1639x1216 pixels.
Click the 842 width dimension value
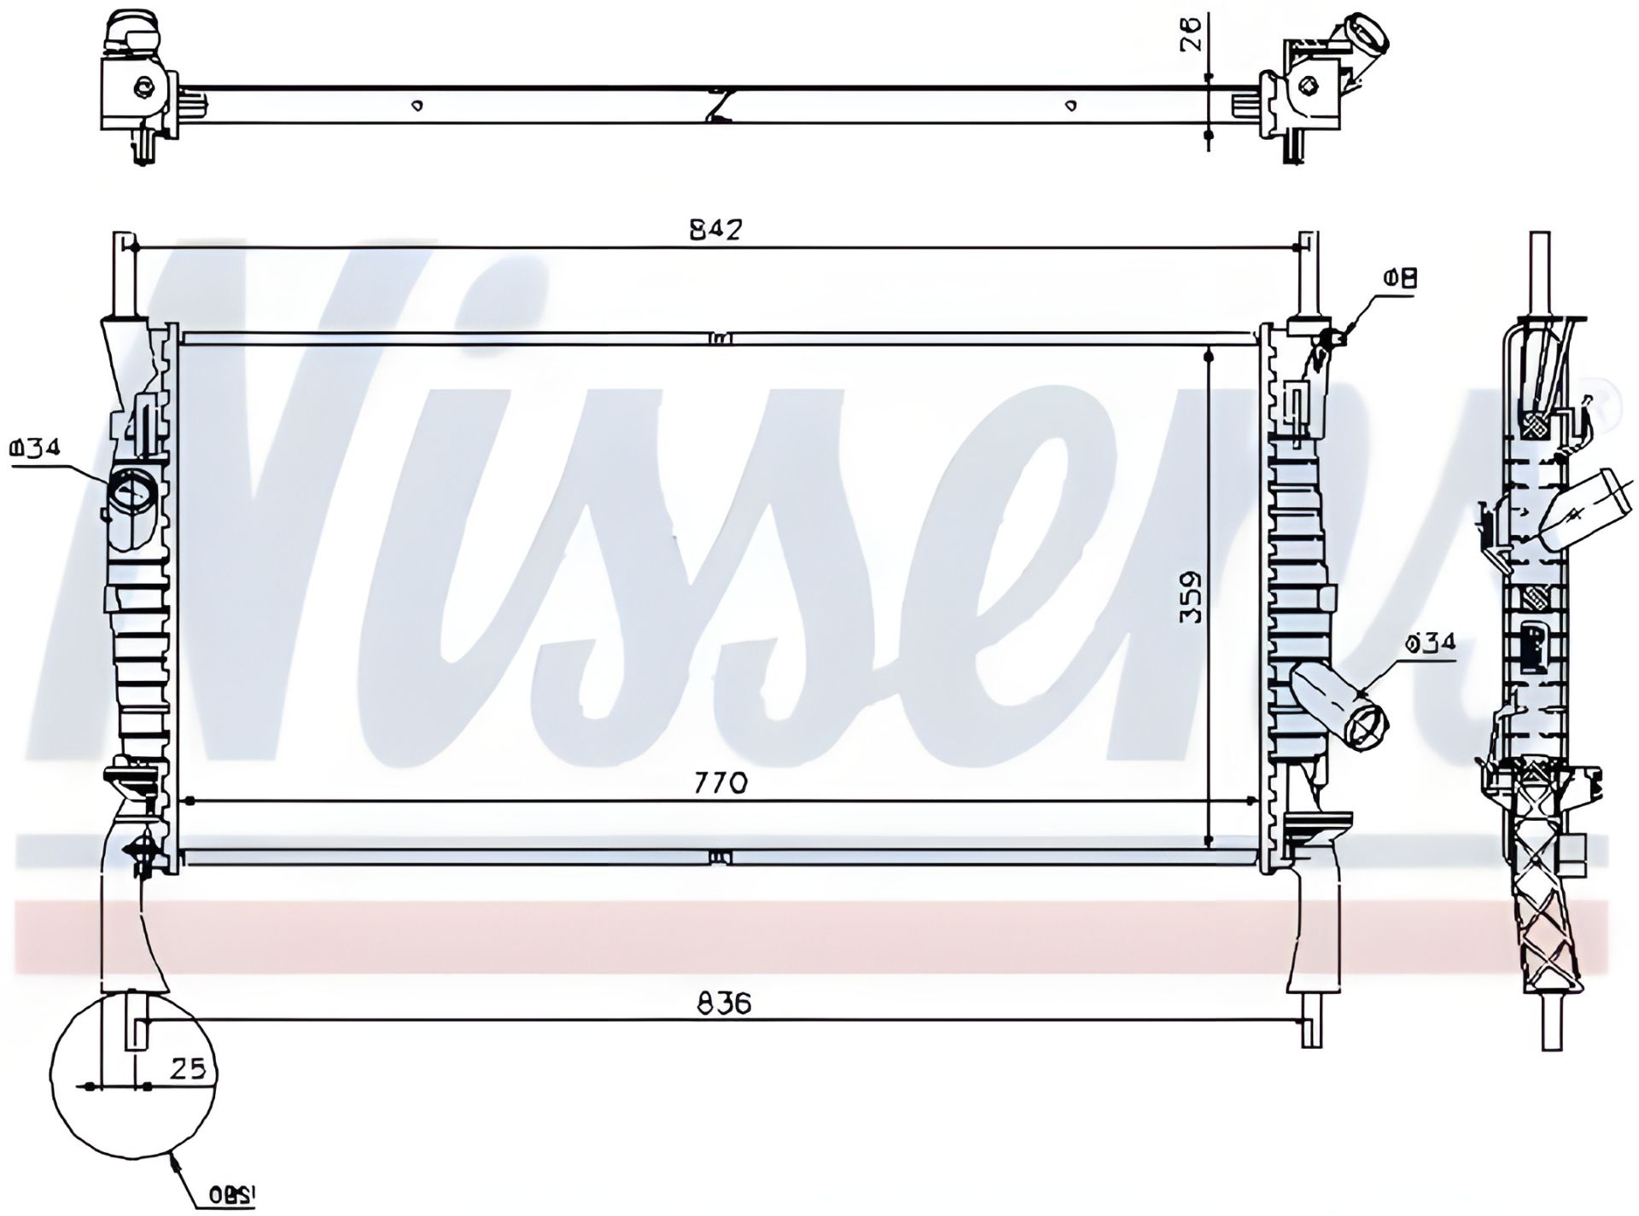pyautogui.click(x=715, y=230)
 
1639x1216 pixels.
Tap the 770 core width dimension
pyautogui.click(x=721, y=782)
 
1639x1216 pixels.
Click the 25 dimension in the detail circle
pyautogui.click(x=187, y=1069)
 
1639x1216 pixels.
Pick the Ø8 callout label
pyautogui.click(x=1401, y=278)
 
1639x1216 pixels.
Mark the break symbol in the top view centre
pyautogui.click(x=720, y=104)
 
